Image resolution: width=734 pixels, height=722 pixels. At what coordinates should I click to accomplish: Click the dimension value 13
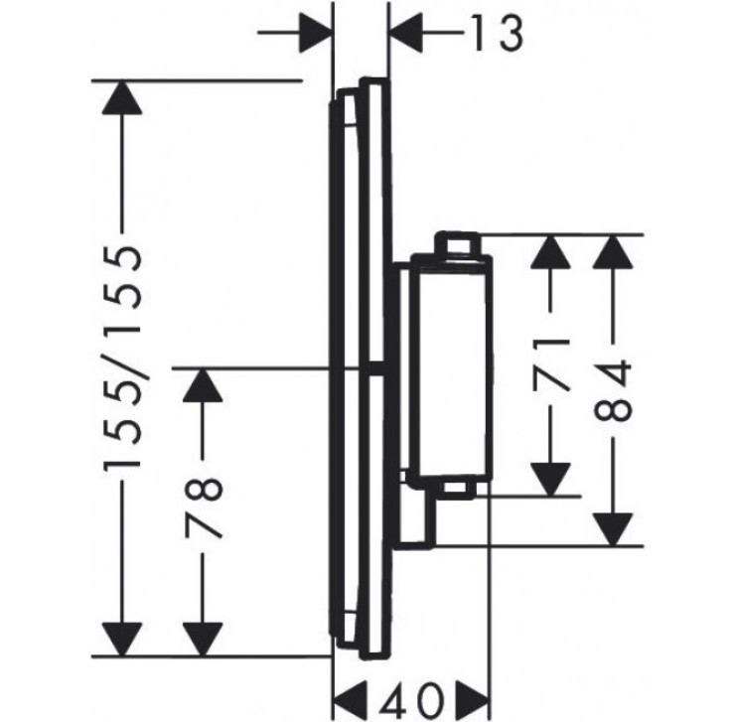(x=496, y=33)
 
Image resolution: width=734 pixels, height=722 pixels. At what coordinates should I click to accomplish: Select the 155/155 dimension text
(x=122, y=358)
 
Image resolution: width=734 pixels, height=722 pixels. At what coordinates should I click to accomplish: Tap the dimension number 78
(x=203, y=508)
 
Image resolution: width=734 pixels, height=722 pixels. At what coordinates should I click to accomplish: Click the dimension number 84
(x=613, y=390)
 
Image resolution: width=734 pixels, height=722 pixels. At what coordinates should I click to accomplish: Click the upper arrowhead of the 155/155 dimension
(x=122, y=97)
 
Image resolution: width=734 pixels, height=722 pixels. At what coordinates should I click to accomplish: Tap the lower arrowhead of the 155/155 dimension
(x=122, y=640)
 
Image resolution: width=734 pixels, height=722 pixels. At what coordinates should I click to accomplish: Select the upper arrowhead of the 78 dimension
(x=203, y=385)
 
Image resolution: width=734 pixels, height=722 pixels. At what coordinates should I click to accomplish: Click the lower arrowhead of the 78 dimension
(x=203, y=640)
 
